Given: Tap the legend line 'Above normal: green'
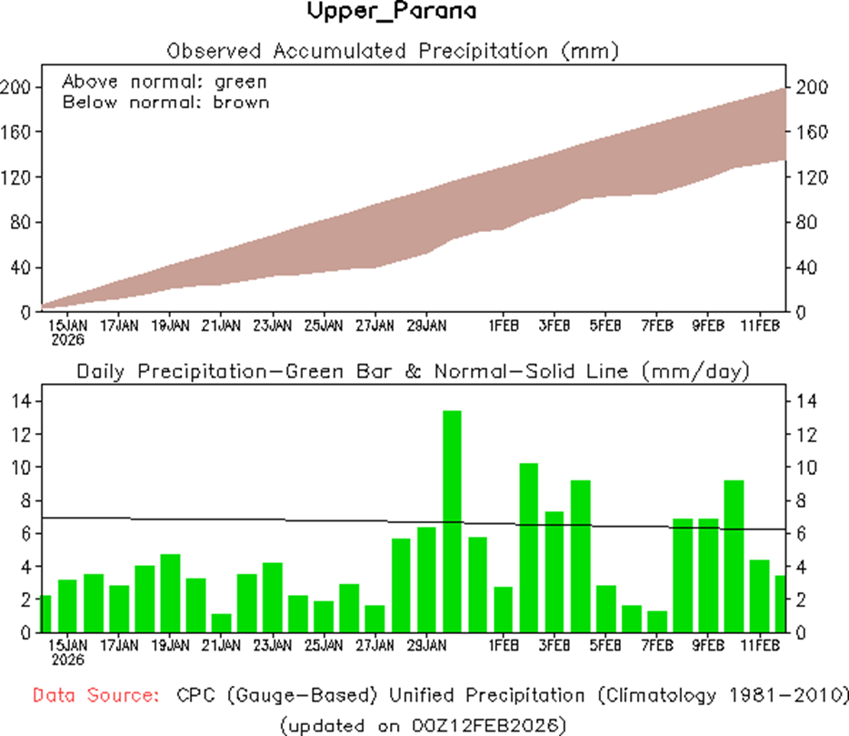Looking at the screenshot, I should pos(165,81).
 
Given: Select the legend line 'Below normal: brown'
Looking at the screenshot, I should pos(165,102).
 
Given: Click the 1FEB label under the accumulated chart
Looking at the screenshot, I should pos(503,325).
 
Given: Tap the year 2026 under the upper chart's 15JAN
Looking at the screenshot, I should pos(68,340).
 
